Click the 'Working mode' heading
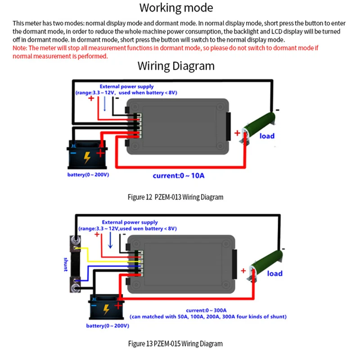point(176,8)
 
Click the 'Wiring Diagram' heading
point(176,66)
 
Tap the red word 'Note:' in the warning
point(20,48)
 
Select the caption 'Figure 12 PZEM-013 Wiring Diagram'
point(175,197)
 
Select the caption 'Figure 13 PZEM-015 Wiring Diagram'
point(175,343)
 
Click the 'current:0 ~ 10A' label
point(178,175)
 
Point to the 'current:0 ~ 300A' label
point(206,310)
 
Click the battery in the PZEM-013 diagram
point(87,154)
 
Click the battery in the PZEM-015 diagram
point(106,307)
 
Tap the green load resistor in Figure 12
point(259,127)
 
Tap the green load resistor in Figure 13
point(266,265)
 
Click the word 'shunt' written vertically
point(66,264)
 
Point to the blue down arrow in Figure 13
point(110,240)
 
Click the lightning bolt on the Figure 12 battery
point(87,157)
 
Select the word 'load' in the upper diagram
point(267,136)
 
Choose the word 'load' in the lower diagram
point(274,273)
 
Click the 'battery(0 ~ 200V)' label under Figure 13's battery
point(108,325)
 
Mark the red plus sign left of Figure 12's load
point(237,133)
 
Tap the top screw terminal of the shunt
point(75,240)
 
